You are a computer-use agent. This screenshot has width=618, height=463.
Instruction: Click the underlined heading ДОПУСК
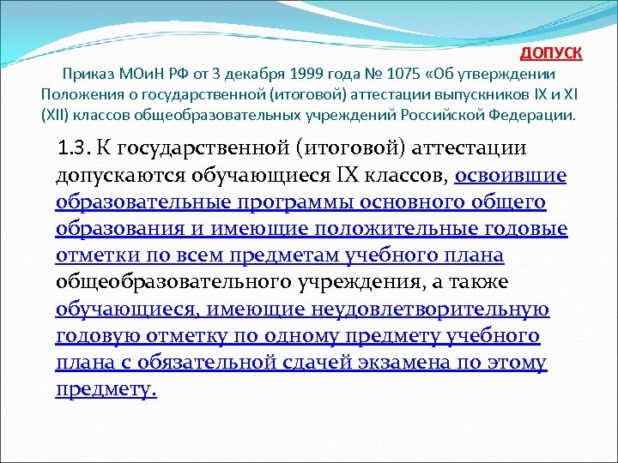click(x=551, y=53)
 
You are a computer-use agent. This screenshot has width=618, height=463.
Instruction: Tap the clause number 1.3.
click(x=74, y=148)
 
